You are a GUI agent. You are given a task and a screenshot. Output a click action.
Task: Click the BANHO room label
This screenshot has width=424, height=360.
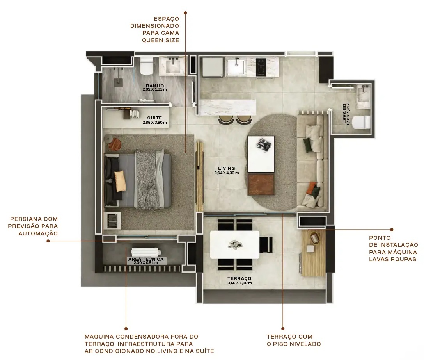pos(155,86)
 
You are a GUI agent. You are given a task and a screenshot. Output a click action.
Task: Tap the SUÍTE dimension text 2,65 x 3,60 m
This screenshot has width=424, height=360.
pos(154,123)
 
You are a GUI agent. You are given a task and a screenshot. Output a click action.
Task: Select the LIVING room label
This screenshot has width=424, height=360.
pos(226,168)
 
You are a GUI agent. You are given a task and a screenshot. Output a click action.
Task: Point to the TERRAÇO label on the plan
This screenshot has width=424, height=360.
pos(239,278)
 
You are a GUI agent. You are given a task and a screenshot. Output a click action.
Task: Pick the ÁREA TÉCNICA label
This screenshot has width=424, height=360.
pos(146,259)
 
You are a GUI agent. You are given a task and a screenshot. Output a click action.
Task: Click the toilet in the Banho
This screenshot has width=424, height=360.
pos(147,66)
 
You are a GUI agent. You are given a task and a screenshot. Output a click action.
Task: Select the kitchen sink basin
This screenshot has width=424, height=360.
pos(235,67)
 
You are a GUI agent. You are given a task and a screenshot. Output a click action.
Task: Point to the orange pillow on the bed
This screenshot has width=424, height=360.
pos(120,181)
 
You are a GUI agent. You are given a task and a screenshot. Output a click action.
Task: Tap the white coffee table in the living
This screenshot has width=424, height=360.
pos(261,154)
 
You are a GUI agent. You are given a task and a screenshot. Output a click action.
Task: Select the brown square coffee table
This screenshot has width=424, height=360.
pos(261,184)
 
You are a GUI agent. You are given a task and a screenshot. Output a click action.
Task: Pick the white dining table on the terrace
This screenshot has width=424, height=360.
pos(234,244)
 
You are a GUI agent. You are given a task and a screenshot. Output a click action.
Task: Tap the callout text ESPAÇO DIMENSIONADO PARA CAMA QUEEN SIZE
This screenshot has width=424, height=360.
pos(155,29)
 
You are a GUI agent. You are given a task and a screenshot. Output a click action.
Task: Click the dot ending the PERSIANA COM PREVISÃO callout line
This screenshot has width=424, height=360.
pos(48,241)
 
